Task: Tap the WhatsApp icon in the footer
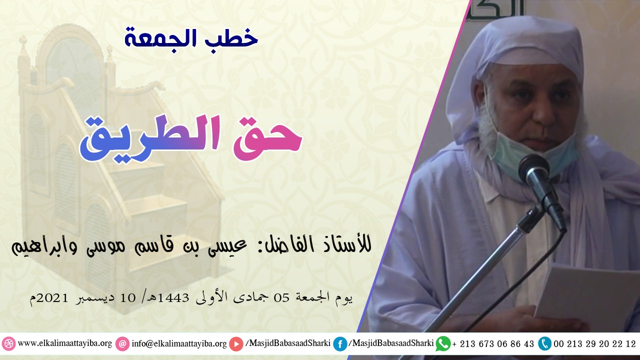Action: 443,343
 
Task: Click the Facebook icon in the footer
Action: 340,344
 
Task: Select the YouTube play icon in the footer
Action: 236,344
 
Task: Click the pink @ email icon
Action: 122,344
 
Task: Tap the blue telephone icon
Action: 544,343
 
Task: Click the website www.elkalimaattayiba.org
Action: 64,344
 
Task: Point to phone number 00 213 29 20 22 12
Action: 595,344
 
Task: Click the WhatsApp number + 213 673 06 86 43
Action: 493,344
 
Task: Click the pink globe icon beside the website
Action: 8,344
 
